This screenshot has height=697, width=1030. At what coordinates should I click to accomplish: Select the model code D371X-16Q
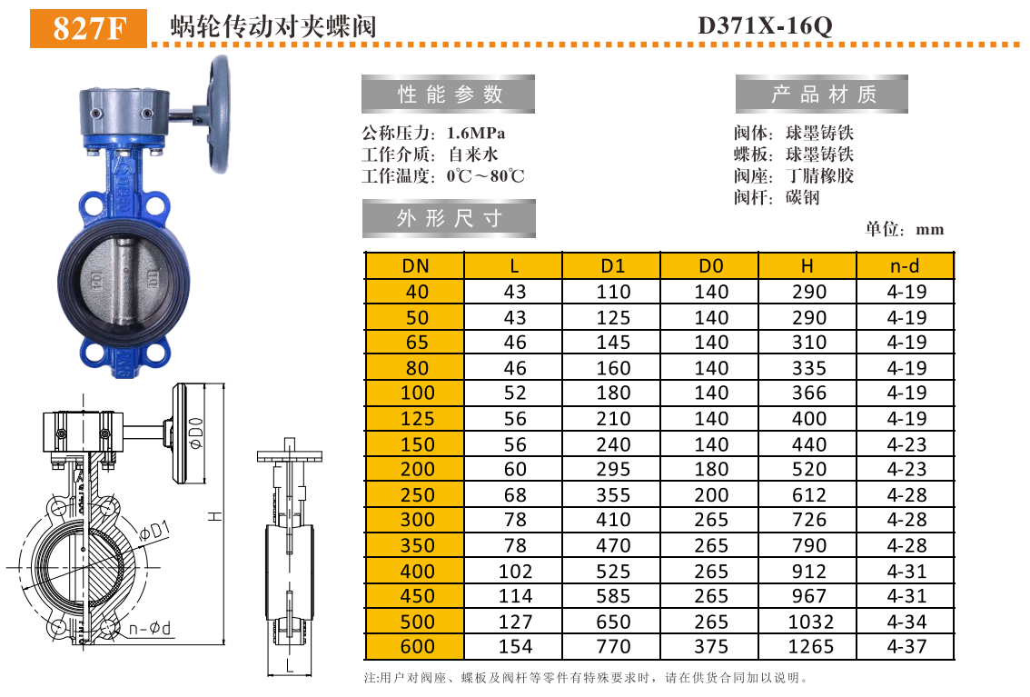(764, 26)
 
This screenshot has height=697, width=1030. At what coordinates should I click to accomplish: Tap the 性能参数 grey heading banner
(449, 95)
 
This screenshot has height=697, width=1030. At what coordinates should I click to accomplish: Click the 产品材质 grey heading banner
(822, 95)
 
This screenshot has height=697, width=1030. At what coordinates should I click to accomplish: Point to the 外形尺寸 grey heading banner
(449, 219)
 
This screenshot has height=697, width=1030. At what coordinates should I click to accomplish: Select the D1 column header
(613, 266)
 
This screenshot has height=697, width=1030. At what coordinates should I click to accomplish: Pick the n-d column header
(906, 266)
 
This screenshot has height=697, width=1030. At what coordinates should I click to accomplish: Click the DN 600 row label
(416, 647)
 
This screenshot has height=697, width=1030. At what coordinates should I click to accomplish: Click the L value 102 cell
(514, 571)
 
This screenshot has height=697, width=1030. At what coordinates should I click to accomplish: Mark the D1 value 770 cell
(613, 647)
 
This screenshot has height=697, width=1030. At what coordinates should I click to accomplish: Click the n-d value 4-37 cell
(906, 647)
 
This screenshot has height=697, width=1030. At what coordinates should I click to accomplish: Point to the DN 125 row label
(416, 419)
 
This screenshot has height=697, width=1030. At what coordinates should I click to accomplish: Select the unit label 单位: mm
(905, 230)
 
